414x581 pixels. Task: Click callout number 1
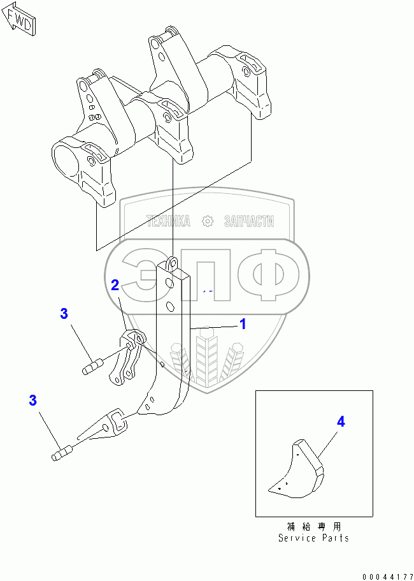click(243, 324)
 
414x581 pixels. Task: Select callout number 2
click(115, 285)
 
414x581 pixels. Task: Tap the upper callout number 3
click(64, 313)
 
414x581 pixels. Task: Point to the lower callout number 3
click(32, 401)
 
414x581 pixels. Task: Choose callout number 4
click(341, 422)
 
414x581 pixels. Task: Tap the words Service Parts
click(313, 538)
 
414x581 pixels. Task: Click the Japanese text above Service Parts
click(313, 527)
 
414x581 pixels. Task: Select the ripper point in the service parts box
click(297, 469)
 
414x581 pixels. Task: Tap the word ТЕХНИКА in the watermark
click(169, 221)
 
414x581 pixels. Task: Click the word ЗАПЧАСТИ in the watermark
click(249, 221)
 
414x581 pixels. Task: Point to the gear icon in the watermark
click(207, 221)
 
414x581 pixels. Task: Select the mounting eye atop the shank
click(173, 261)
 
